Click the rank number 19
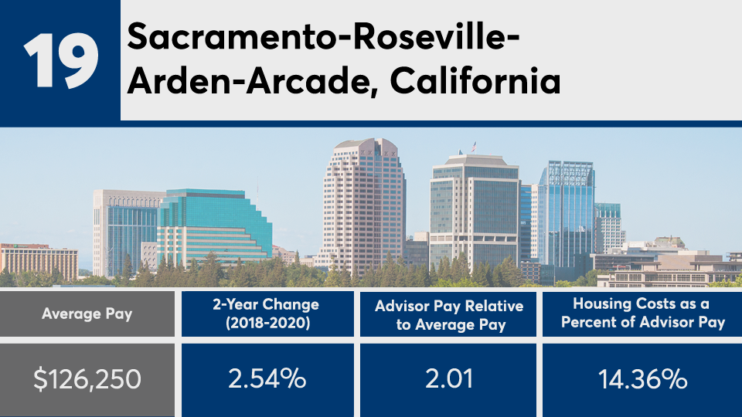61,60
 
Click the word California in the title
475,81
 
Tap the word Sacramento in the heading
231,36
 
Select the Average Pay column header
87,314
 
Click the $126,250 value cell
87,379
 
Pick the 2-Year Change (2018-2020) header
267,314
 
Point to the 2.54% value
267,379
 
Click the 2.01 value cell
448,379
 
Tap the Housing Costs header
642,314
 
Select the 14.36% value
642,379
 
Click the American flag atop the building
474,147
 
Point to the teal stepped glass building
213,227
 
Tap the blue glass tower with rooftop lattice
567,213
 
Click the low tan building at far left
39,262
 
